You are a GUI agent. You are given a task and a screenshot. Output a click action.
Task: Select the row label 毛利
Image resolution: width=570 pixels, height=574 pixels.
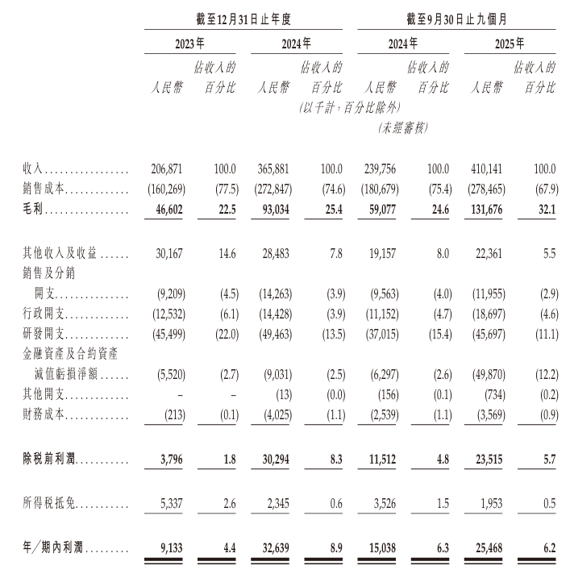[32, 209]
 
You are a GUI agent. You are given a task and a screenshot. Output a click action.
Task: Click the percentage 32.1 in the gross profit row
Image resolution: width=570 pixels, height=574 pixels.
[545, 209]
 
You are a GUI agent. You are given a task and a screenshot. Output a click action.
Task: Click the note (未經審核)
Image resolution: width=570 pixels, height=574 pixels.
[401, 127]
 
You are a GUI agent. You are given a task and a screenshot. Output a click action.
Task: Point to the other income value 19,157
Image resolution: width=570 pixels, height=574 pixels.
[383, 253]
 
